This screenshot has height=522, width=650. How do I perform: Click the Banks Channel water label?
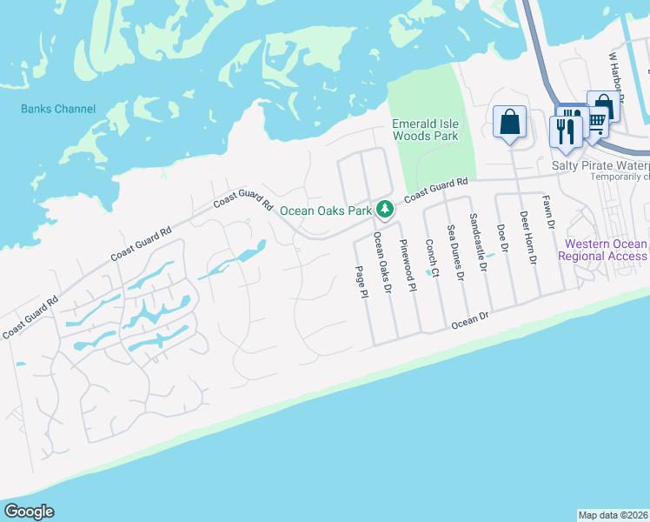[x=59, y=110]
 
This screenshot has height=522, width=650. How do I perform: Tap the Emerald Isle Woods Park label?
[x=425, y=130]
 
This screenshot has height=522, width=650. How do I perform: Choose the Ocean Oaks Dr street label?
[x=383, y=262]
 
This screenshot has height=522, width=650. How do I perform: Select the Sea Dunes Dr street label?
[x=455, y=253]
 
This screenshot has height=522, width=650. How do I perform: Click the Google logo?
[x=29, y=512]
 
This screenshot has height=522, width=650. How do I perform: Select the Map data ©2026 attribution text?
[x=613, y=515]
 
